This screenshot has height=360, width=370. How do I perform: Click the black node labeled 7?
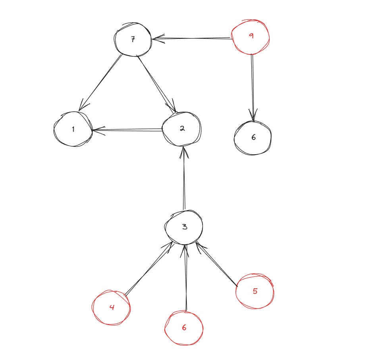(x=133, y=39)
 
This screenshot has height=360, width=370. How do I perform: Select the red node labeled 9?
(x=251, y=36)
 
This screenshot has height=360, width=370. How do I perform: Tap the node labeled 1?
(x=73, y=129)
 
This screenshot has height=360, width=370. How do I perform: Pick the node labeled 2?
(x=182, y=128)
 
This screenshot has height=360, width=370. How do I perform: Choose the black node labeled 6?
(x=253, y=137)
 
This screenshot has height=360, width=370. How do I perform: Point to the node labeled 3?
(x=184, y=227)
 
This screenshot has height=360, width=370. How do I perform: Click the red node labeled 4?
(x=112, y=307)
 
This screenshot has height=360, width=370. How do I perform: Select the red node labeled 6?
(x=184, y=328)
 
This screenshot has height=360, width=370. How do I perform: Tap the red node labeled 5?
(x=254, y=291)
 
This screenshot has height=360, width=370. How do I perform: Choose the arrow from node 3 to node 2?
(x=183, y=178)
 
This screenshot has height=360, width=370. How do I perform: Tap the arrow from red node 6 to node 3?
(x=185, y=278)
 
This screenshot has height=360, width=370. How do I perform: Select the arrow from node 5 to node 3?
(x=217, y=264)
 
